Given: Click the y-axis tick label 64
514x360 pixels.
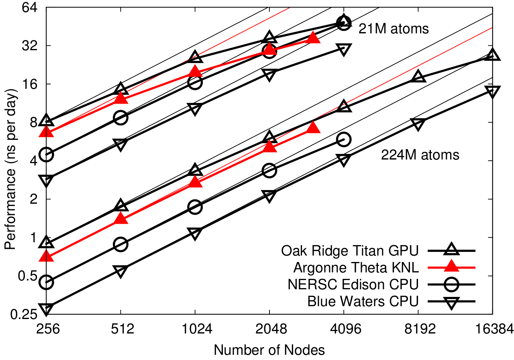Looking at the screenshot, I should click(25, 8).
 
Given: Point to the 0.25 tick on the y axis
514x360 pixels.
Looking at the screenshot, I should click(20, 315).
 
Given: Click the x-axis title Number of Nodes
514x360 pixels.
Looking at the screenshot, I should click(269, 349).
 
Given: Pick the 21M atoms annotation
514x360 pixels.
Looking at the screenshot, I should click(394, 29).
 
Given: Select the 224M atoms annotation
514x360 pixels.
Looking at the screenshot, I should click(420, 155).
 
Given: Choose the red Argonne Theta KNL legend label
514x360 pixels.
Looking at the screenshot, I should click(356, 267).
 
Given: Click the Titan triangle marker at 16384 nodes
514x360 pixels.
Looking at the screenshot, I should click(492, 55).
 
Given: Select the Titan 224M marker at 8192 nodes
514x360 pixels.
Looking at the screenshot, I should click(418, 76).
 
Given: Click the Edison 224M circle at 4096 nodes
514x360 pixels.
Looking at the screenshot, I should click(344, 139).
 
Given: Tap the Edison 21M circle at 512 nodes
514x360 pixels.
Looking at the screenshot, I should click(121, 117).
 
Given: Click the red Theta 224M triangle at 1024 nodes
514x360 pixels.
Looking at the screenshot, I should click(195, 182).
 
